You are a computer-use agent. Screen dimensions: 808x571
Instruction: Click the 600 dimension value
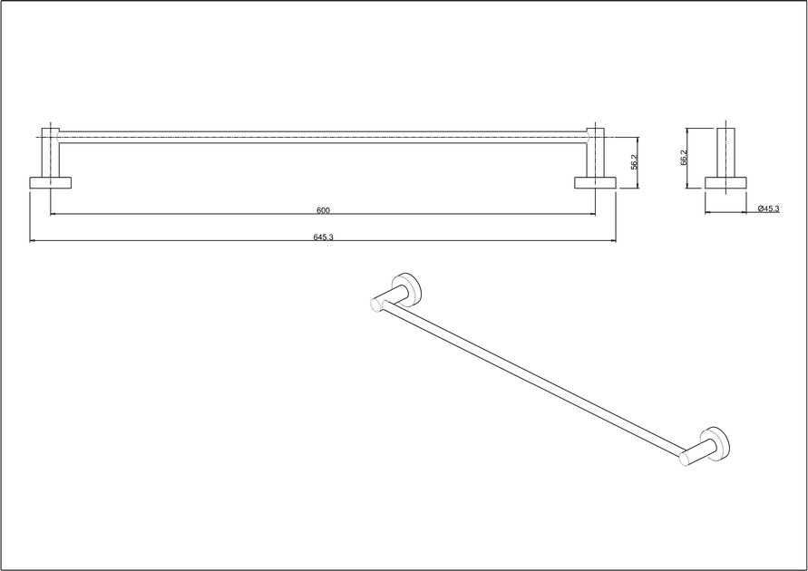coord(323,210)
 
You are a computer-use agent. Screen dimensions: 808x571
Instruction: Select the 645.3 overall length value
coord(323,237)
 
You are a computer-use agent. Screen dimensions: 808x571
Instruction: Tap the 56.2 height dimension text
coord(635,161)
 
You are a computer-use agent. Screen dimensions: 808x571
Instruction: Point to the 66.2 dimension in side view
coord(684,158)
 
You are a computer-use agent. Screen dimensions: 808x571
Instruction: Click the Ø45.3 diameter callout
coord(769,208)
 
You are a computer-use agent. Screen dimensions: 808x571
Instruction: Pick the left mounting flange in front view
coord(50,183)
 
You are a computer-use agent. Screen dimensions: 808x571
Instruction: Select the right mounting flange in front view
coord(595,183)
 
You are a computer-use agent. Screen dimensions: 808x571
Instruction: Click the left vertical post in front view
coord(51,152)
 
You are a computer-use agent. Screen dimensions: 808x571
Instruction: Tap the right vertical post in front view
coord(595,152)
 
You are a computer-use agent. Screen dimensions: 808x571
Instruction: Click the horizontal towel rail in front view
coord(323,137)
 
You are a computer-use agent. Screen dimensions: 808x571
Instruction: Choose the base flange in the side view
coord(725,183)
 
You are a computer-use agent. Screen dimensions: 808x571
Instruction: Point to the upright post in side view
coord(726,152)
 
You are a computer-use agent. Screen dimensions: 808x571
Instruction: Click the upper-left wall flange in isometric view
coord(407,287)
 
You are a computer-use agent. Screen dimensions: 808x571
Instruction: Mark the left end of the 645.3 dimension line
coord(30,240)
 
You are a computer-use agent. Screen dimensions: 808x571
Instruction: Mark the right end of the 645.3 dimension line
coord(616,240)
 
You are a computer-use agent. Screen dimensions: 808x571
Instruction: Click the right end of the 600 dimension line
coord(595,213)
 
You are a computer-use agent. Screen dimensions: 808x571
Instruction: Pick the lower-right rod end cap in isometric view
coord(686,459)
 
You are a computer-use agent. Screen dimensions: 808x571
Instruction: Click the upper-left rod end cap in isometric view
coord(377,305)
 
